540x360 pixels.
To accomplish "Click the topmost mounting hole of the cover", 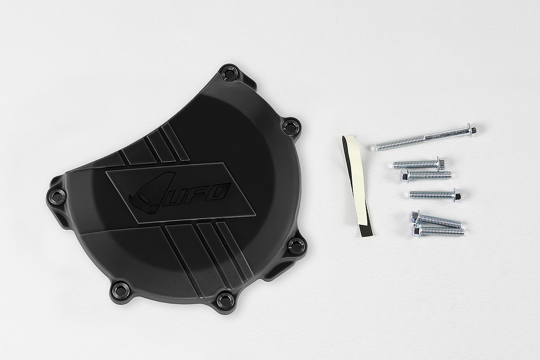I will click(229, 73).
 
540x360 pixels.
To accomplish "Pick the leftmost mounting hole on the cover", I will click(57, 197).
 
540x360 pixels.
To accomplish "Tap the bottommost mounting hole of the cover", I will click(225, 300).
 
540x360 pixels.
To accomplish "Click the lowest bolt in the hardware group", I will click(438, 230).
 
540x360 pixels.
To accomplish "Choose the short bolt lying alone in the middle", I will click(435, 195).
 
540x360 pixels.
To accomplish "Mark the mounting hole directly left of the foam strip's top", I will click(292, 126).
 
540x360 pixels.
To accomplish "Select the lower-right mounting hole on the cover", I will click(296, 246).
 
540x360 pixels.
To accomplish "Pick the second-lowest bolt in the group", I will click(437, 220).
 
